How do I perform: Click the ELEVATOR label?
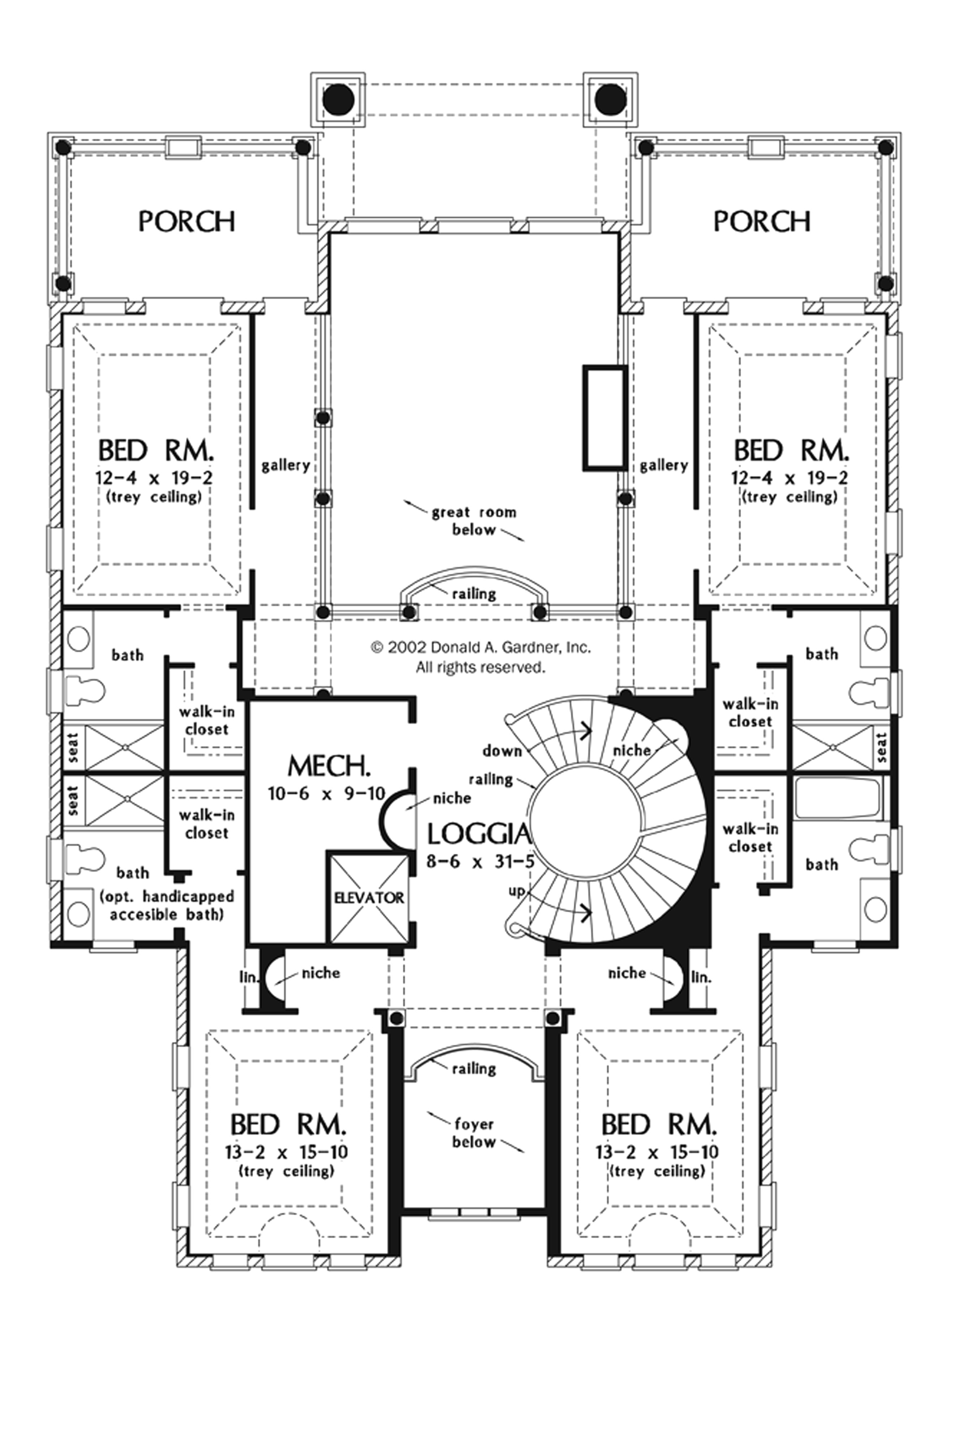pyautogui.click(x=368, y=898)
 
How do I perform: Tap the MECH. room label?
pyautogui.click(x=329, y=766)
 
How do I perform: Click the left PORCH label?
pyautogui.click(x=187, y=221)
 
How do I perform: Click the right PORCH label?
pyautogui.click(x=762, y=221)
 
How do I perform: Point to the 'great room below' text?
pyautogui.click(x=474, y=521)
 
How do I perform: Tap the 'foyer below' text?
pyautogui.click(x=474, y=1133)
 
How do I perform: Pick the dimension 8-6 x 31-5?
pyautogui.click(x=480, y=862)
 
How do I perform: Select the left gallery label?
pyautogui.click(x=286, y=466)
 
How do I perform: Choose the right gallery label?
pyautogui.click(x=664, y=466)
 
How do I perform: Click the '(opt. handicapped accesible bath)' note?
pyautogui.click(x=167, y=905)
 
